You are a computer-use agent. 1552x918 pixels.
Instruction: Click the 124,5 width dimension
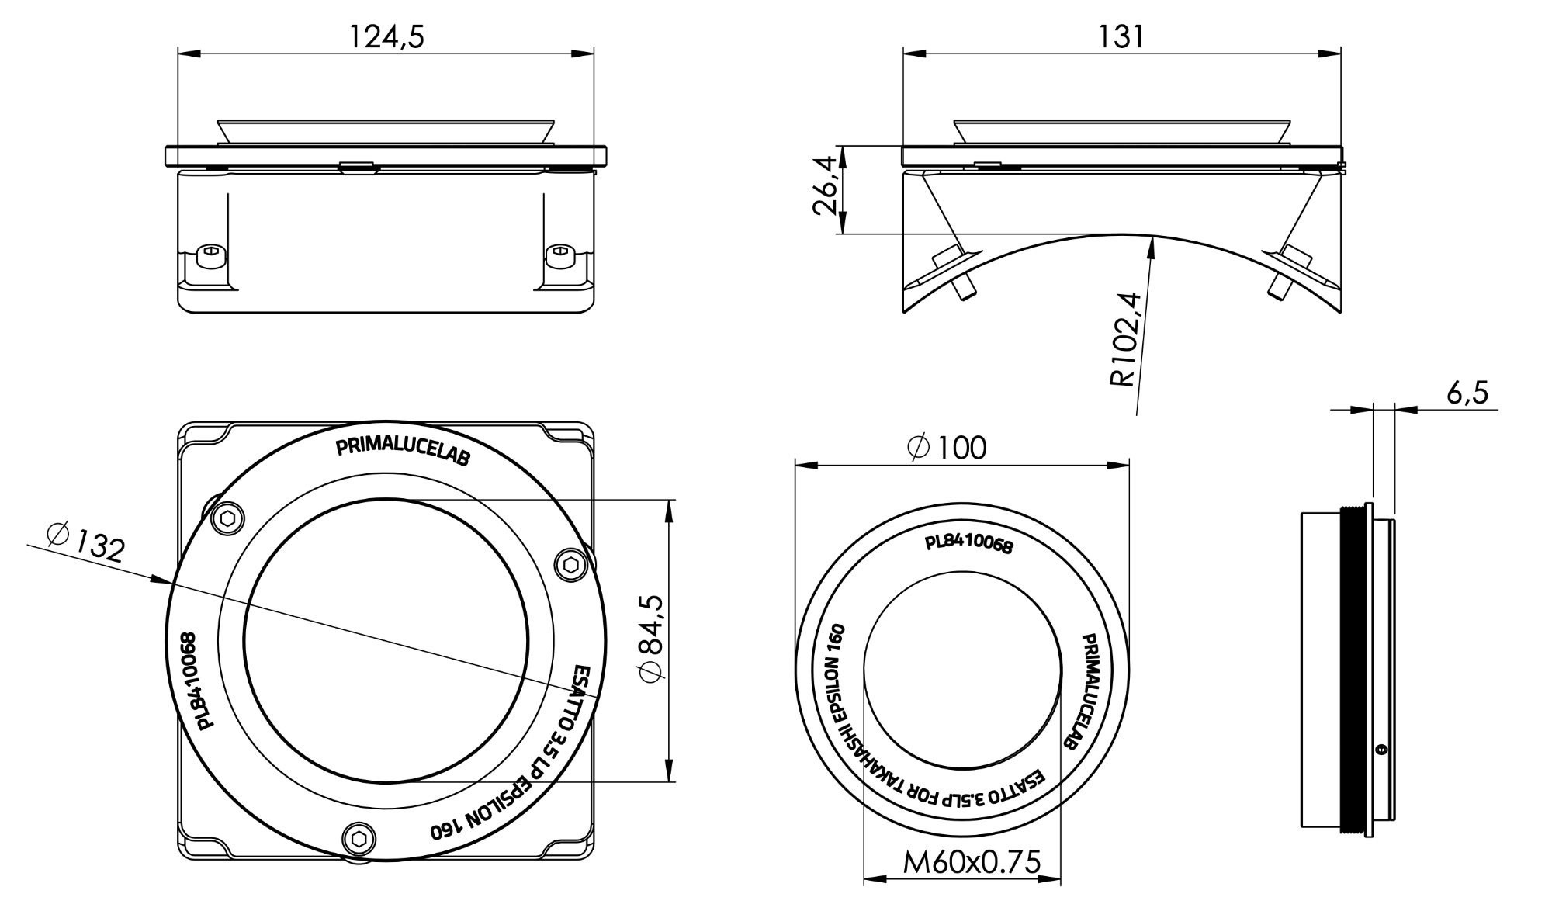(x=386, y=36)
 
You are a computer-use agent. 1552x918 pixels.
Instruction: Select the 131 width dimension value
(x=1121, y=36)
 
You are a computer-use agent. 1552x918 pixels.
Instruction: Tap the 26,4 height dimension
(x=824, y=185)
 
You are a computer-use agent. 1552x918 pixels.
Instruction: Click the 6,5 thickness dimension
(x=1467, y=393)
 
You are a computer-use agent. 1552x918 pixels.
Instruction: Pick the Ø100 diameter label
(x=947, y=448)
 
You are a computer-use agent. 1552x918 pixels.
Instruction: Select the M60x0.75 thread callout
(x=972, y=861)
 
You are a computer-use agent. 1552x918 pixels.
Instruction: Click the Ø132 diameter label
(x=85, y=542)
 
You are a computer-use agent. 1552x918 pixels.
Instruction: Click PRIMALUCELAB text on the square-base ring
(x=403, y=452)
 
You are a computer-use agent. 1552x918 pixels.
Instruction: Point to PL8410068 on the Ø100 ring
(x=968, y=544)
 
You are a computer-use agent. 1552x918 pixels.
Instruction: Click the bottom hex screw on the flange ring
(x=359, y=838)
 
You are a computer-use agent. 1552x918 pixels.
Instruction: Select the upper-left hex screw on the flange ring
(x=228, y=519)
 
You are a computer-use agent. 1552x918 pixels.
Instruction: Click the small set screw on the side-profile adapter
(x=1380, y=750)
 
